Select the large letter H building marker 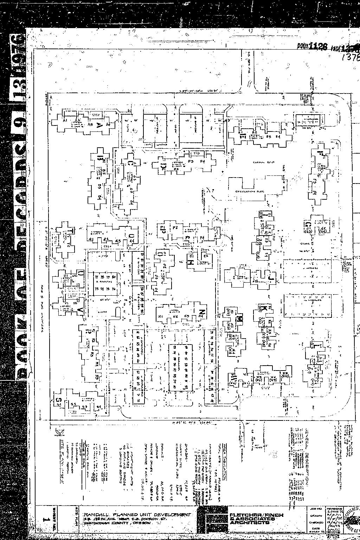[192, 262]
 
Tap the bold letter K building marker [261, 307]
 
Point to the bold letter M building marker [240, 319]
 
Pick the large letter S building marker [59, 400]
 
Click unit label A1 [65, 121]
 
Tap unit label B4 [278, 136]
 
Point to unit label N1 [161, 316]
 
